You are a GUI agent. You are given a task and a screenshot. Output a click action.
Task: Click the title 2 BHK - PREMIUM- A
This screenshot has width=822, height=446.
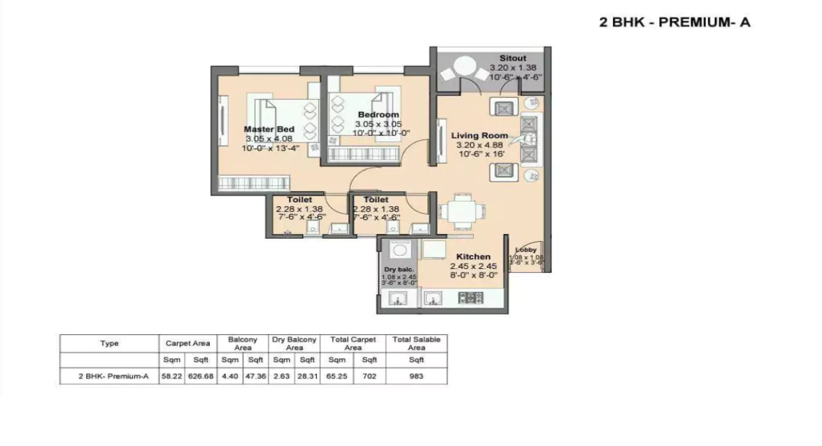click(675, 23)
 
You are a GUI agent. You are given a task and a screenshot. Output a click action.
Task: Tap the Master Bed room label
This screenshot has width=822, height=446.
click(269, 129)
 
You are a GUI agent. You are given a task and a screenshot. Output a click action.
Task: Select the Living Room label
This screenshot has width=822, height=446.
click(479, 135)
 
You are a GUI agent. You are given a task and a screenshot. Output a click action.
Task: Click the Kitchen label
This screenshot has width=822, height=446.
click(473, 256)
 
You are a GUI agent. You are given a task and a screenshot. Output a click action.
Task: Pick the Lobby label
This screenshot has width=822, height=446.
click(526, 250)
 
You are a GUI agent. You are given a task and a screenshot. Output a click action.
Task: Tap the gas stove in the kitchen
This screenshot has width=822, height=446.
click(470, 297)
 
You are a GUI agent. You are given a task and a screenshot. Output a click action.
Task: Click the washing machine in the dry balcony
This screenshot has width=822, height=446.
click(398, 249)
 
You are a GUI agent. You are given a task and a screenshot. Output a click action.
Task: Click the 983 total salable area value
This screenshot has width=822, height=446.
click(416, 376)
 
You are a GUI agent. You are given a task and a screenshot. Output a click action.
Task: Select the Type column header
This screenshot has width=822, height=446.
click(109, 343)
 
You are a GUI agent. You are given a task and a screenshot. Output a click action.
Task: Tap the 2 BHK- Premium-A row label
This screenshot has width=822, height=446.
click(114, 376)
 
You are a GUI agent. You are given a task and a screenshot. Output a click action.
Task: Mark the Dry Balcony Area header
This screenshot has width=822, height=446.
click(294, 343)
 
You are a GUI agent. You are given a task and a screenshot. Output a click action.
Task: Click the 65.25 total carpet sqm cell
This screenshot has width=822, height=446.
click(337, 376)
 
